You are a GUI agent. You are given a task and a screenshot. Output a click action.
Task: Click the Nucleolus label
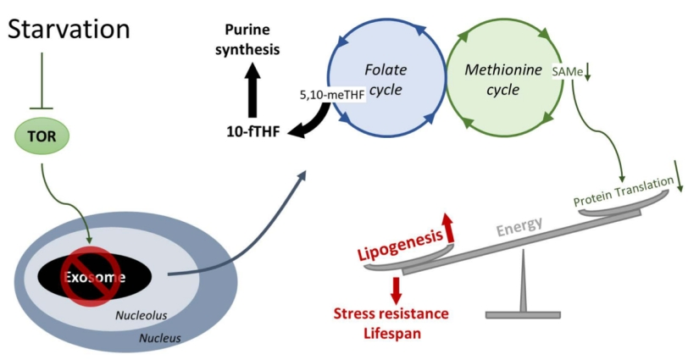141,315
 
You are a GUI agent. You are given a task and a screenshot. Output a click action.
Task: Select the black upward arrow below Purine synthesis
252,91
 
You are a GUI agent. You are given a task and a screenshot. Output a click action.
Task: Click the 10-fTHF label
249,132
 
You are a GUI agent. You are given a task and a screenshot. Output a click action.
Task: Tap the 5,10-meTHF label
331,96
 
